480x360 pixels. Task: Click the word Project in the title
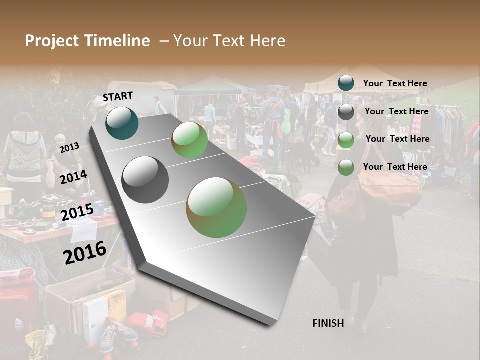tap(51, 41)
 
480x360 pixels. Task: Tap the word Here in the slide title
tap(267, 41)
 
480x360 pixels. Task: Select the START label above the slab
tap(118, 96)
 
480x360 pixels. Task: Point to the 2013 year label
tap(69, 148)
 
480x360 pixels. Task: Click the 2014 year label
tap(73, 177)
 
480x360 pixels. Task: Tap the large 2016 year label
tap(85, 252)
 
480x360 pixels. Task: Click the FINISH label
tap(328, 323)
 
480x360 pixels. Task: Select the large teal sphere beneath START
tap(122, 123)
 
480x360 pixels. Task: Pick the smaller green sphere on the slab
tap(189, 140)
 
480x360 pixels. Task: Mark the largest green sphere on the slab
tap(216, 207)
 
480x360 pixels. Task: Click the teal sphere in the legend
tap(346, 83)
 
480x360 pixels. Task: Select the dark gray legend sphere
tap(346, 112)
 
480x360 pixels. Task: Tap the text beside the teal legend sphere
tap(395, 83)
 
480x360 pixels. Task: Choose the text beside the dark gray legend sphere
tap(396, 111)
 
